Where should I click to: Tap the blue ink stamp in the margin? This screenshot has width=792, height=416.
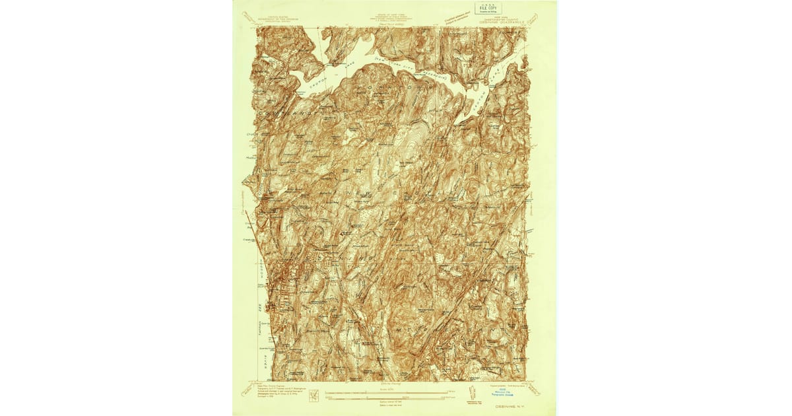[506, 390]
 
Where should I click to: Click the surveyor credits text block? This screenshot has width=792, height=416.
[278, 388]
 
